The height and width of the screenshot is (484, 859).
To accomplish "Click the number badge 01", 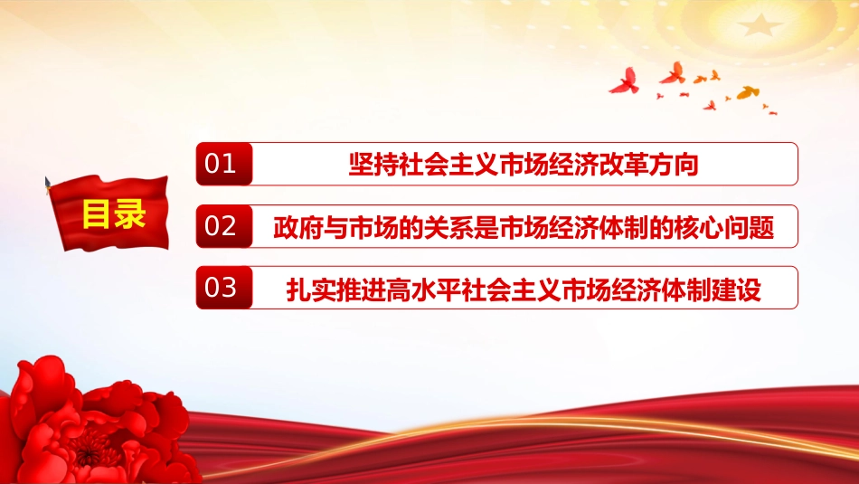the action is coord(224,164).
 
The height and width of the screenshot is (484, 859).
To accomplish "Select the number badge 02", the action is coord(224,226).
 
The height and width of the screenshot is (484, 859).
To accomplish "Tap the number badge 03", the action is coord(224,288).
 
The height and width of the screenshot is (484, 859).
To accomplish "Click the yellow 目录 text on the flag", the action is coord(114,214).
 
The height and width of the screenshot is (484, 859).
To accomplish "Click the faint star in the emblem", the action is coord(760,24).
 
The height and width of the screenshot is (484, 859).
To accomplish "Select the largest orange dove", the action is coord(748,92).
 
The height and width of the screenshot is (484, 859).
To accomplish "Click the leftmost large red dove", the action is coord(625,81).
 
